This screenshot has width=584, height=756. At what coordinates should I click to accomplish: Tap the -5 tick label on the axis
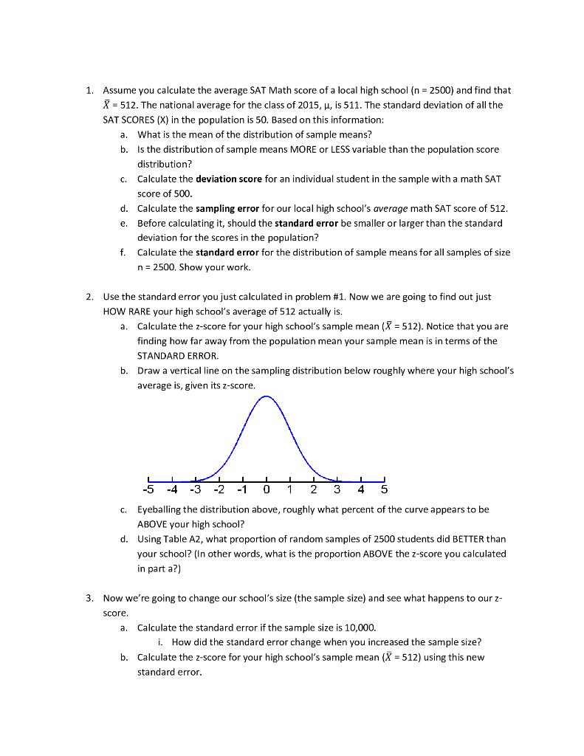click(x=148, y=489)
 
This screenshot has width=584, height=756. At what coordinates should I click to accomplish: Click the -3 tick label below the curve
click(x=196, y=489)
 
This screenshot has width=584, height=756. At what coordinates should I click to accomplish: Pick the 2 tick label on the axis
click(x=314, y=489)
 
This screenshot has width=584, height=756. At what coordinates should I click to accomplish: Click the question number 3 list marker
click(x=89, y=598)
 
